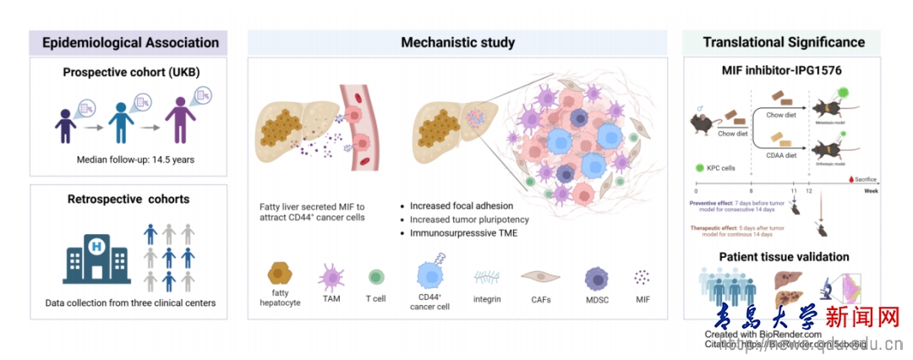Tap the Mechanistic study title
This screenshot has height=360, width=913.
[457, 42]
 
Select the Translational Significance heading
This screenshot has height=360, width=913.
[784, 42]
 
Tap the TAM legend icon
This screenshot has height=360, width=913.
[330, 275]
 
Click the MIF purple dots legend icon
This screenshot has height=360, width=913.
[643, 276]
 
